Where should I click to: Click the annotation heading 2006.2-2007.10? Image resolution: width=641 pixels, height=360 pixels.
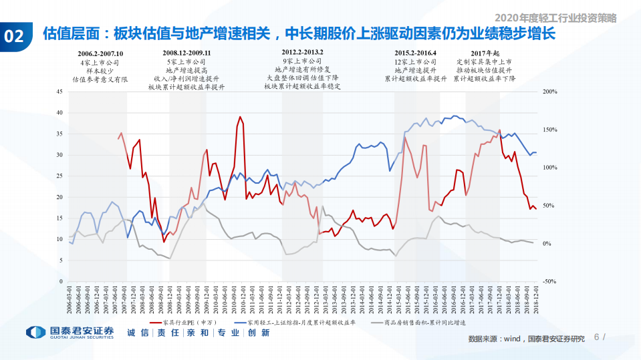(x=100, y=53)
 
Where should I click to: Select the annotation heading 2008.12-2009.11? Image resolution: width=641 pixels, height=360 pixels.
(x=186, y=53)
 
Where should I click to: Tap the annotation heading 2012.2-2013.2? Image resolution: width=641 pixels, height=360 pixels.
(x=303, y=52)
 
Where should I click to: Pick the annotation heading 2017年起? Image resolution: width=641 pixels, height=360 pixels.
(x=485, y=53)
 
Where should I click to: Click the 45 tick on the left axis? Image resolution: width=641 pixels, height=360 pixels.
(x=58, y=92)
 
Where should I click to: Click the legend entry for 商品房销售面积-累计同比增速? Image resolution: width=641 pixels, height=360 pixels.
(x=422, y=322)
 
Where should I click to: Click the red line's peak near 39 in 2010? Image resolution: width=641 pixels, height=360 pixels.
(x=240, y=117)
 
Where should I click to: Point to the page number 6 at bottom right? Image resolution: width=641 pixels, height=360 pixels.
(x=597, y=337)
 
